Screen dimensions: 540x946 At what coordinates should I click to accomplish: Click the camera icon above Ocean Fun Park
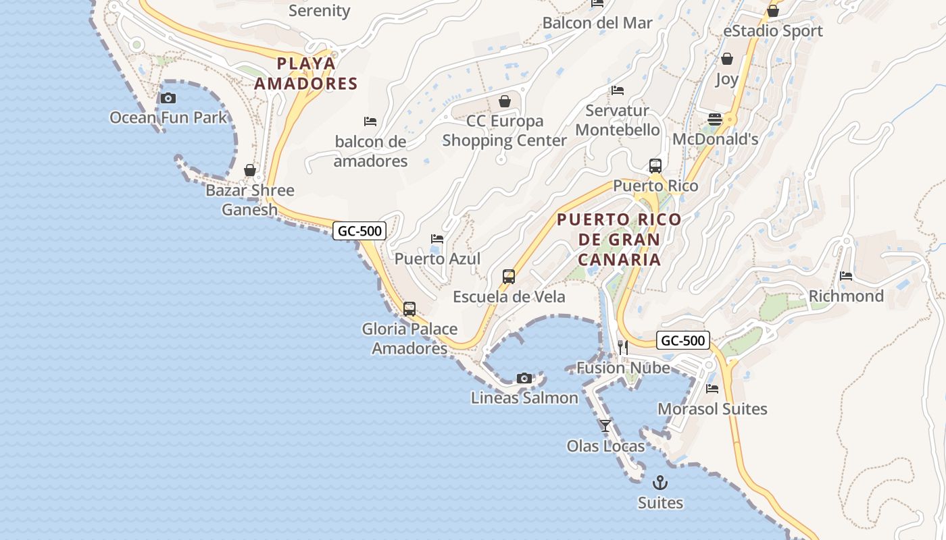pos(168,99)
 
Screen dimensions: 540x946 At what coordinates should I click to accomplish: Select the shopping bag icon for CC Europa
pos(504,102)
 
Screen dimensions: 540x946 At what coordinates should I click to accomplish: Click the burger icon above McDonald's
pos(715,120)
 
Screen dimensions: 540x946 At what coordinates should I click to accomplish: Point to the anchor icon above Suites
pos(660,483)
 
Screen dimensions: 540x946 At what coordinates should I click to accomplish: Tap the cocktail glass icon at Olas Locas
pos(605,426)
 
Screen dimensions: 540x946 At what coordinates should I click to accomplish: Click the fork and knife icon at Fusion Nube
pos(623,348)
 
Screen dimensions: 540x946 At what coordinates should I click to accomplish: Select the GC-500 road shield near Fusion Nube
pos(682,340)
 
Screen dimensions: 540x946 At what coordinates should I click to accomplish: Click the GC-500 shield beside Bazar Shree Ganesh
pos(359,231)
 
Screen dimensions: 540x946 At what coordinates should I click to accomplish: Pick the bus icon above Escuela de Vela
pos(509,277)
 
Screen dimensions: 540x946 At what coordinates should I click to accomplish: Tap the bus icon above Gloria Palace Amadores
pos(409,309)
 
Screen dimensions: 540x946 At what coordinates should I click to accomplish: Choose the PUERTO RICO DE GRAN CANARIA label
pos(619,240)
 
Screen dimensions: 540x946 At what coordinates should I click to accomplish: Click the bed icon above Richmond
pos(846,276)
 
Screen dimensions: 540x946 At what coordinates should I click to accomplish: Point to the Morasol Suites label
pos(712,409)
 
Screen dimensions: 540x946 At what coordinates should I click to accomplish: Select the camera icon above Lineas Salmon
pos(524,379)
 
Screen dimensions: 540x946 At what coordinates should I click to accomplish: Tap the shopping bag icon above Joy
pos(727,59)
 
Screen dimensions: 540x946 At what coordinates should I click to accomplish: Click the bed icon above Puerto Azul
pos(437,239)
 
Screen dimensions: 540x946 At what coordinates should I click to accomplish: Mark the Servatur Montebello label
pos(617,120)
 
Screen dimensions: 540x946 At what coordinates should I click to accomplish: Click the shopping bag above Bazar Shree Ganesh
pos(250,170)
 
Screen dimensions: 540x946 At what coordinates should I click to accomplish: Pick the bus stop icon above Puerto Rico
pos(655,166)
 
